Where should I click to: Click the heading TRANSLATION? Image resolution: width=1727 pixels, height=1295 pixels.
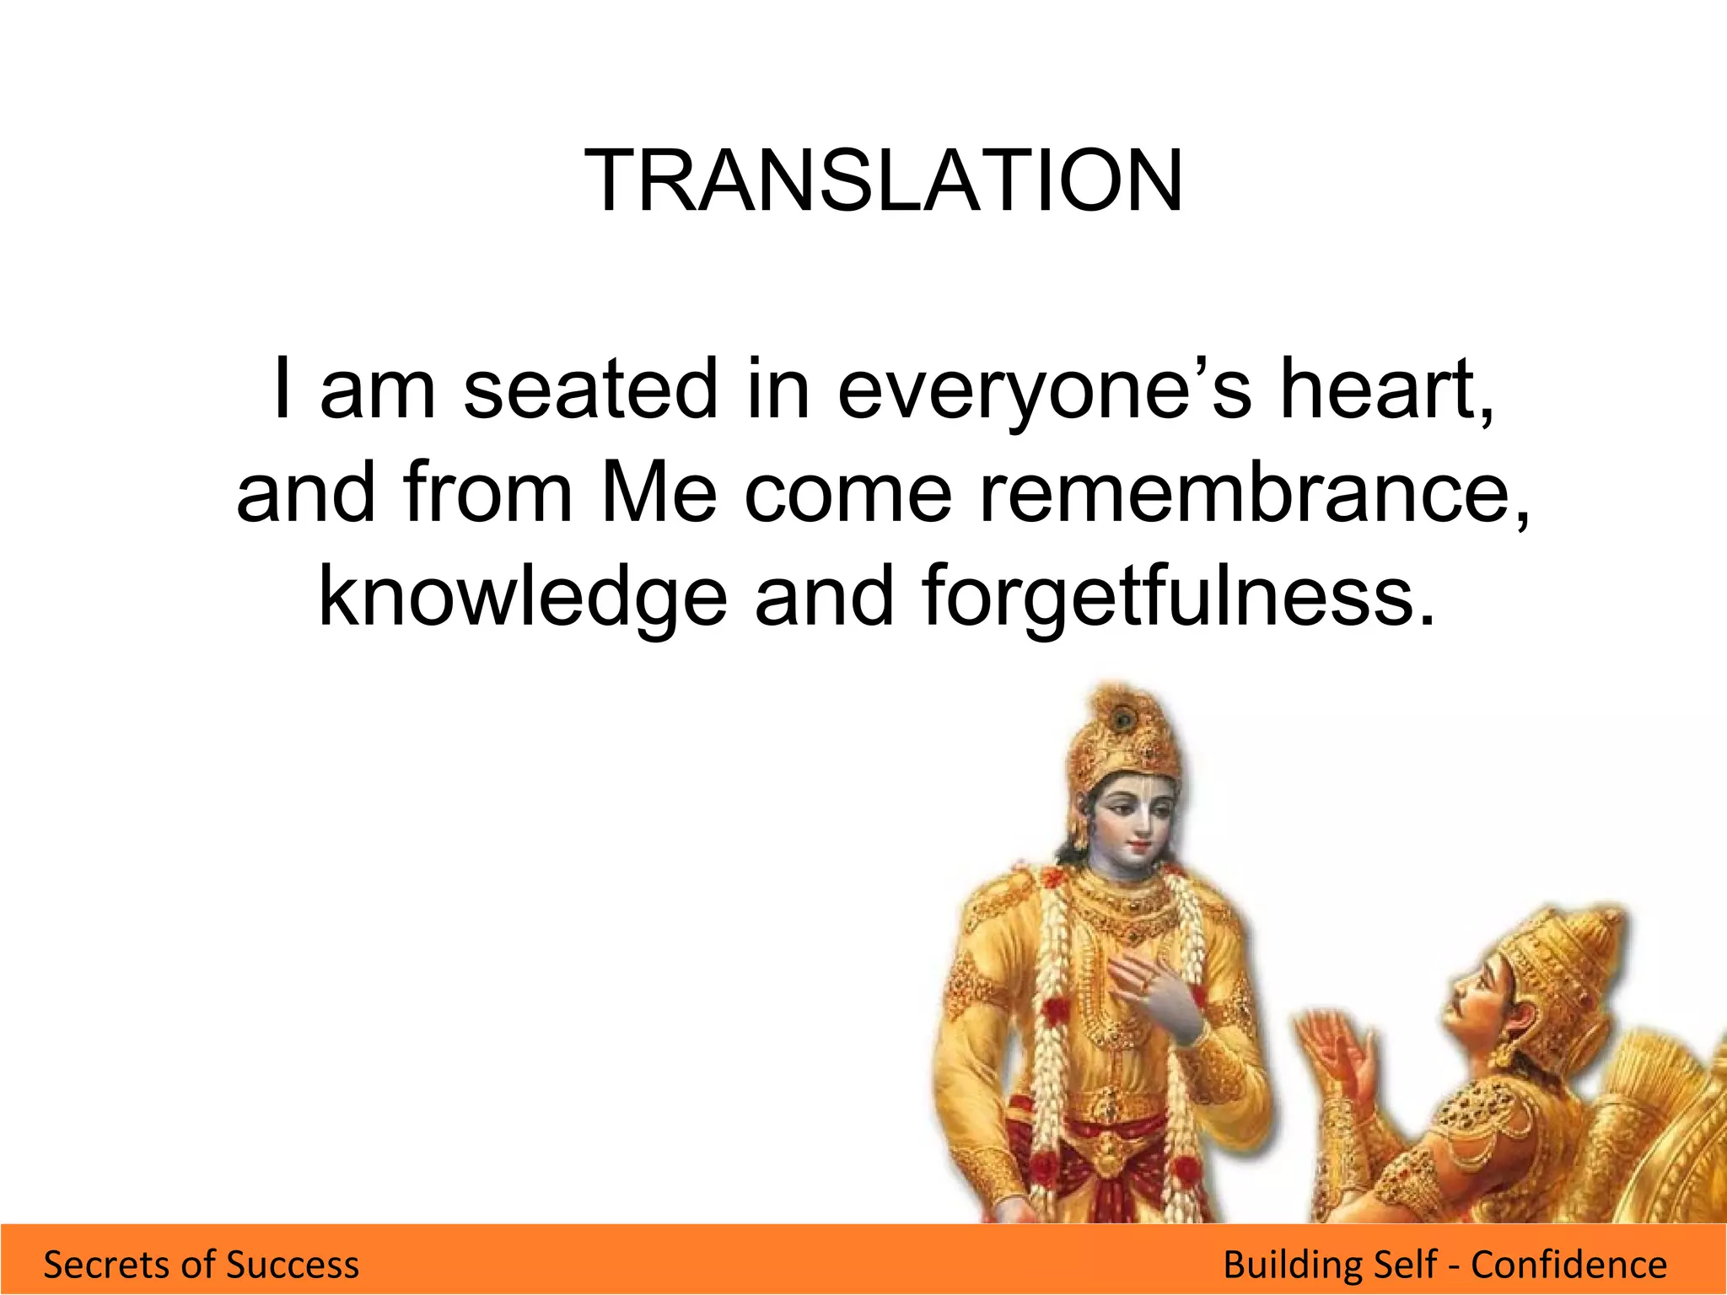tap(883, 181)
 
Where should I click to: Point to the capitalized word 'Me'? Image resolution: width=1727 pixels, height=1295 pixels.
tap(658, 493)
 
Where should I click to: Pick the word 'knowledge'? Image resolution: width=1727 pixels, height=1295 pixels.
tap(522, 597)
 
